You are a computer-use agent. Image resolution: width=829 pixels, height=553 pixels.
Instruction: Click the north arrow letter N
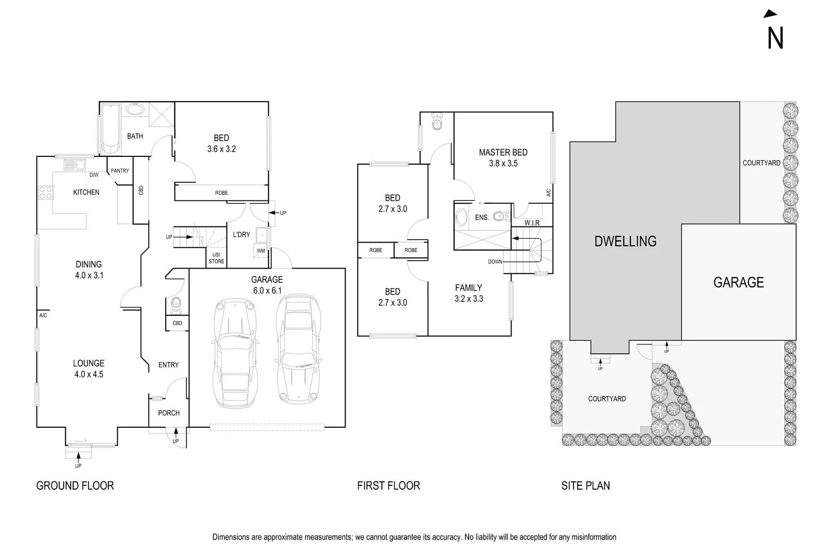[775, 38]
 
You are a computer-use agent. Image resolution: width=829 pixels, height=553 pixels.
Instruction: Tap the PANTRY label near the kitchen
[120, 171]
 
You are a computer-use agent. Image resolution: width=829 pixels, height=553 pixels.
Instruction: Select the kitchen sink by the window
[73, 165]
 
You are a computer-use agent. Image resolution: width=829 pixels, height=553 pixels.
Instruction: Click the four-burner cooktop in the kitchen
[46, 192]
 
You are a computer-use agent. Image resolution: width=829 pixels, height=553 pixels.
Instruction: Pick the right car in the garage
[298, 350]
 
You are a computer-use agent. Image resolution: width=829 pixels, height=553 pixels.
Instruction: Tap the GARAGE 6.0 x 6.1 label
[267, 285]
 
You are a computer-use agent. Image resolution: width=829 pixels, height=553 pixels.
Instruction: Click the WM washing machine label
[261, 251]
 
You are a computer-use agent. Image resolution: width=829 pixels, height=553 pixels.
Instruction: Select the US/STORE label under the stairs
[216, 258]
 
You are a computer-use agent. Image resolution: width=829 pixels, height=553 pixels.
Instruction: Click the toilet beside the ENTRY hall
[175, 305]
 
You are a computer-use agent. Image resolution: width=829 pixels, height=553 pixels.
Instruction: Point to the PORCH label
[169, 413]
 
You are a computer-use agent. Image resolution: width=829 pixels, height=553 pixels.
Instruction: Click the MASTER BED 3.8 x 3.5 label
[503, 157]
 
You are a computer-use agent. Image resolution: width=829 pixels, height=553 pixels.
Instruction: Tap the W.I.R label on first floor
[532, 223]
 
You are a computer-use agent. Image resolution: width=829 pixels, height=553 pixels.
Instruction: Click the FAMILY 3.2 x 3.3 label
[469, 293]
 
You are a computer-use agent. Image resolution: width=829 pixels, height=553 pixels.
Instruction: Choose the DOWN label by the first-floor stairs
[495, 262]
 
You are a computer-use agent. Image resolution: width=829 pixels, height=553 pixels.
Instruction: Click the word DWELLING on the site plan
[625, 242]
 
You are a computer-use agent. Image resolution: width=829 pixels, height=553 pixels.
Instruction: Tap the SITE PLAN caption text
[585, 485]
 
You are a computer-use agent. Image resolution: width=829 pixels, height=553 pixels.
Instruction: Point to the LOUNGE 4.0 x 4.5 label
[89, 368]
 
